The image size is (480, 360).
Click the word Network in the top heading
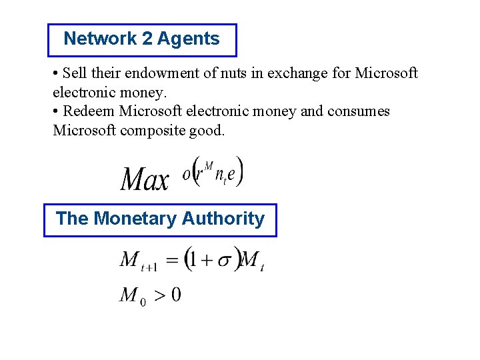(100, 39)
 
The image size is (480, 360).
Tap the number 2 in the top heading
(148, 39)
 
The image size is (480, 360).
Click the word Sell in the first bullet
(73, 73)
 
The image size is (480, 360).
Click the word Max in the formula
(145, 179)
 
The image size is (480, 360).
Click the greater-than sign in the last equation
(160, 295)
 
